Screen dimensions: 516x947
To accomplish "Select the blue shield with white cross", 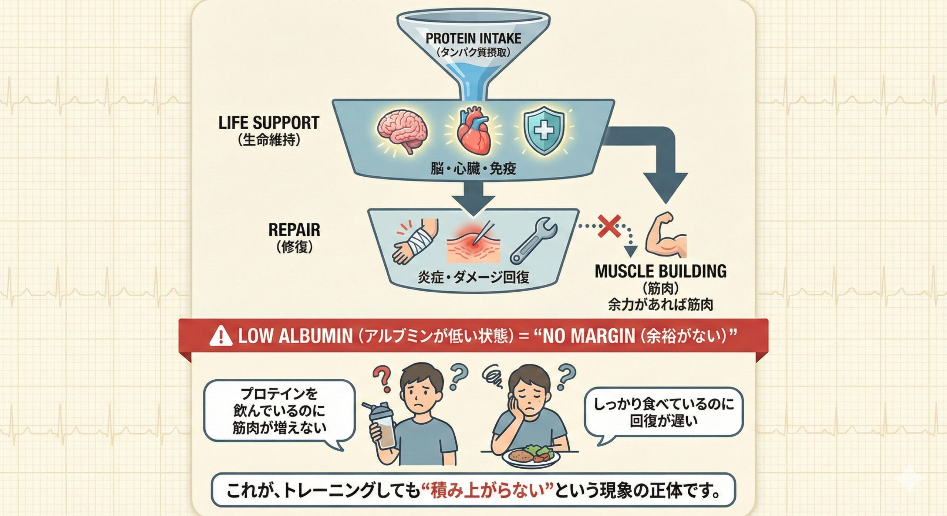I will point(544,131).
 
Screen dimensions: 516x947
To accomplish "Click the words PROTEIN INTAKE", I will point(473,38).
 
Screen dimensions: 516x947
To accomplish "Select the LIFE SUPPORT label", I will point(269,123).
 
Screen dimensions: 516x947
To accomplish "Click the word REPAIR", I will point(294,230).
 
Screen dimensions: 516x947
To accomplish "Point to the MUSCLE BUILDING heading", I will point(661,271).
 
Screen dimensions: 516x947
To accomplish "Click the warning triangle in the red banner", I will point(221,336).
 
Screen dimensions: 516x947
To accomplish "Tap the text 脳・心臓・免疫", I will point(473,169).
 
